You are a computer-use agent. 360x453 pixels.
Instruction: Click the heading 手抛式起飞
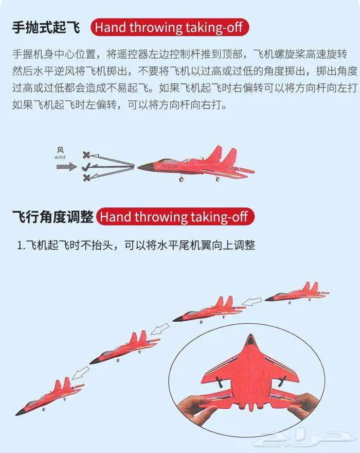coord(46,28)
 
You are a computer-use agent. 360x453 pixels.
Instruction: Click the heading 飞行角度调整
coord(53,217)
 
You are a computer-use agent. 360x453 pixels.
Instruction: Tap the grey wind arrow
coord(67,167)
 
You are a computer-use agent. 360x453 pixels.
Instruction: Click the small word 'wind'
coord(60,157)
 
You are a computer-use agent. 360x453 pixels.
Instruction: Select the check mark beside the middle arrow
coord(86,167)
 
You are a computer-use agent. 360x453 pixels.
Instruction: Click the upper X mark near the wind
coord(86,155)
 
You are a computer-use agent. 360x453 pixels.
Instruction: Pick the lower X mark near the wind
coord(86,178)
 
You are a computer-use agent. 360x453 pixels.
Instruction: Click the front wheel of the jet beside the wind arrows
coord(182,180)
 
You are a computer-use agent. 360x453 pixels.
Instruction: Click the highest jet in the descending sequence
coord(297,293)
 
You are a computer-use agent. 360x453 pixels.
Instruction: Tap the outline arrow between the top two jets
coord(251,302)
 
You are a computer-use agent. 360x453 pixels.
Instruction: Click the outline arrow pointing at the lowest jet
coord(81,373)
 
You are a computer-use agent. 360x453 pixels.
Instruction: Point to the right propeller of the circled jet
coord(281,381)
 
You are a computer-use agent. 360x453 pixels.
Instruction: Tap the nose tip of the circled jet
coord(250,336)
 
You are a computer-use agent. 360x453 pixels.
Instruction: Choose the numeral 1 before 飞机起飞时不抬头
coord(20,246)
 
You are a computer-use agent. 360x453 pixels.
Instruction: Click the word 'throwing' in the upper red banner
coord(156,28)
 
